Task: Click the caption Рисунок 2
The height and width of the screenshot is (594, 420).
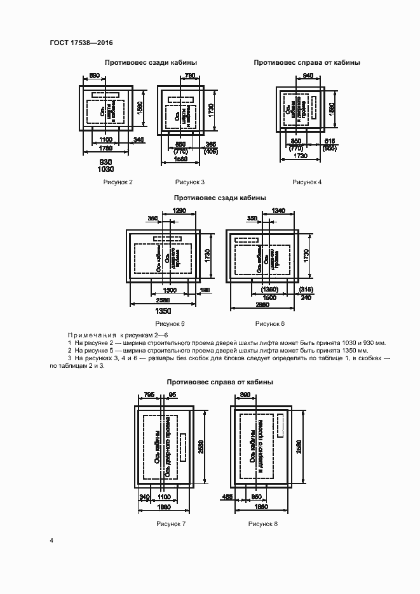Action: pyautogui.click(x=118, y=182)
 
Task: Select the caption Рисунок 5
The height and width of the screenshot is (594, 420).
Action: pyautogui.click(x=170, y=324)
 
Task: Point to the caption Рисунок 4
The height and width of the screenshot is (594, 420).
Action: pyautogui.click(x=307, y=182)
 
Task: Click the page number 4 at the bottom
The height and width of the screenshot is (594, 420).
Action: pyautogui.click(x=51, y=541)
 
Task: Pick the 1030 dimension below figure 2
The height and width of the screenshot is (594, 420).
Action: pyautogui.click(x=106, y=170)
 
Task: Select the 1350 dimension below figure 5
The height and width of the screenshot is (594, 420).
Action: pyautogui.click(x=164, y=313)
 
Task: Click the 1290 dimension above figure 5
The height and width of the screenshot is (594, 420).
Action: pyautogui.click(x=179, y=210)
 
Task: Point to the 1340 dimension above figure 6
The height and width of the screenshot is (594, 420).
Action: pyautogui.click(x=278, y=210)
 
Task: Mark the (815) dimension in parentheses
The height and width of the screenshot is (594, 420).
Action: pyautogui.click(x=306, y=290)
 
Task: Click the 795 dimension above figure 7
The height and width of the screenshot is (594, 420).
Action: pyautogui.click(x=149, y=395)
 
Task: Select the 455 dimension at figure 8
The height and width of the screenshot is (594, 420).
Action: pyautogui.click(x=227, y=497)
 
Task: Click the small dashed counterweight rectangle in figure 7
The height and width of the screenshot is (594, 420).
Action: pyautogui.click(x=183, y=448)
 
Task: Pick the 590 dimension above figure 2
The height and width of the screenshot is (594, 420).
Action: pyautogui.click(x=93, y=76)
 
